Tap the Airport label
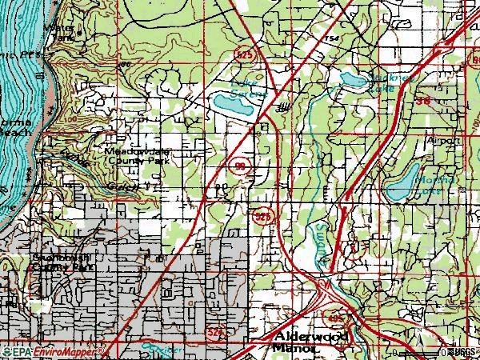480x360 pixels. pos(443,140)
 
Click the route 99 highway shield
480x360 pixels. pos(241,166)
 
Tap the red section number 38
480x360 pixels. pos(424,101)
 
